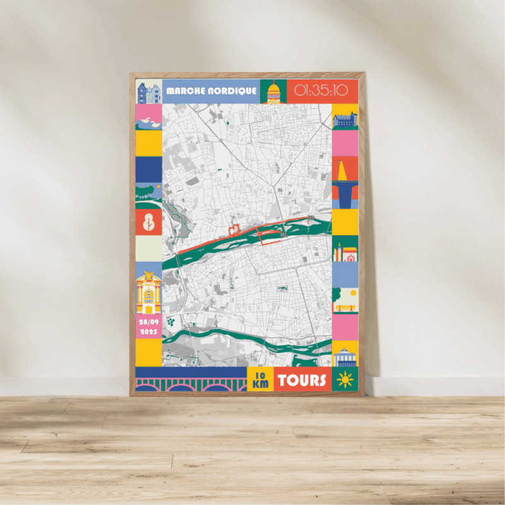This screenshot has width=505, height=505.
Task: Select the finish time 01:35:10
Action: pyautogui.click(x=321, y=90)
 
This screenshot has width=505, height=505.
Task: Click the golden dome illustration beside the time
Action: pyautogui.click(x=273, y=92)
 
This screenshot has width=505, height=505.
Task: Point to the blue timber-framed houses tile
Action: pyautogui.click(x=149, y=92)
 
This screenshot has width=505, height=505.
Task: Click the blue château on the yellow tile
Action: pyautogui.click(x=345, y=118)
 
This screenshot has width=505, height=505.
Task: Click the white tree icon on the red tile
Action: pyautogui.click(x=149, y=222)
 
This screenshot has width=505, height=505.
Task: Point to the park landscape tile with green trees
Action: pyautogui.click(x=149, y=196)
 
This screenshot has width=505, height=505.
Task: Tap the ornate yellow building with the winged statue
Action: pyautogui.click(x=149, y=293)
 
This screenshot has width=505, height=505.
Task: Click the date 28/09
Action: pyautogui.click(x=149, y=322)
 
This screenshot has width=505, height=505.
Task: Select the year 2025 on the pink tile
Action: pyautogui.click(x=149, y=331)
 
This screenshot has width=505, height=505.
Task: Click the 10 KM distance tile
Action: pyautogui.click(x=260, y=379)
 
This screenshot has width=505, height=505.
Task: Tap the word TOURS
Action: pyautogui.click(x=302, y=380)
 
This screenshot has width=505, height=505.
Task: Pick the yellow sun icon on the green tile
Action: pyautogui.click(x=345, y=379)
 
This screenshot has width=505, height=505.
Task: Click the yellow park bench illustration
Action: pyautogui.click(x=345, y=301)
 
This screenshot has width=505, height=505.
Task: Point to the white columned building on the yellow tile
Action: pyautogui.click(x=345, y=356)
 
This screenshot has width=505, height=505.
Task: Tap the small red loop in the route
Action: pyautogui.click(x=235, y=228)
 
